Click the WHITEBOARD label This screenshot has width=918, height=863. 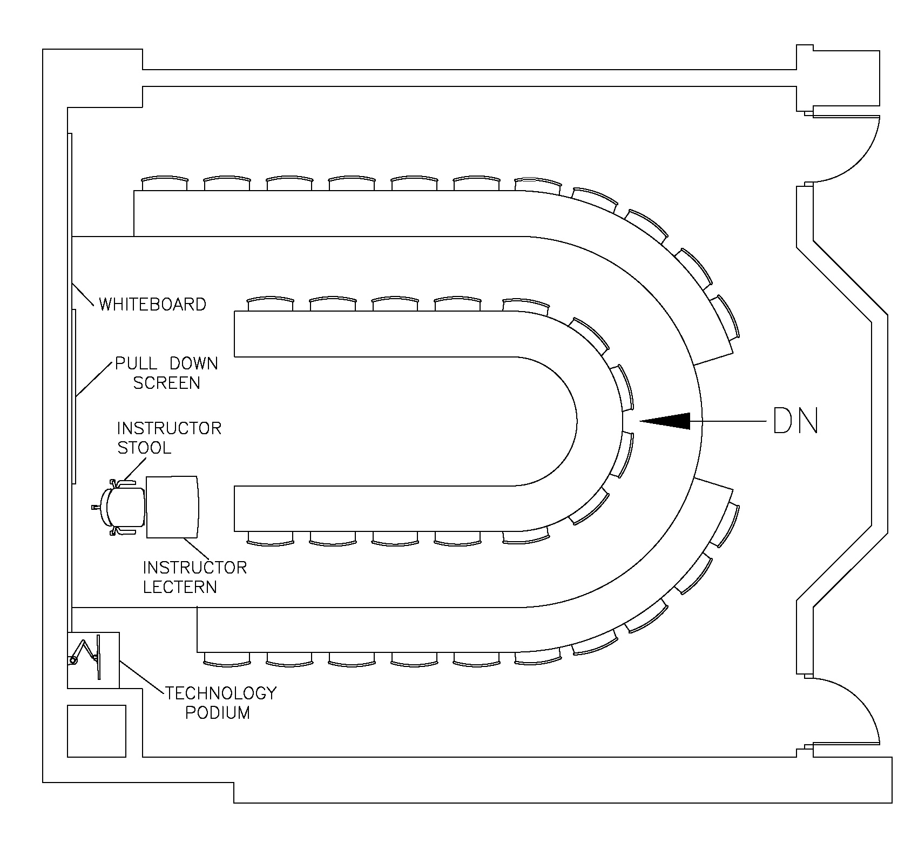point(152,305)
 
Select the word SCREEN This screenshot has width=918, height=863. point(167,383)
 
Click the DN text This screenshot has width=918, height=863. point(796,421)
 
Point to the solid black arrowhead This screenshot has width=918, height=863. point(670,421)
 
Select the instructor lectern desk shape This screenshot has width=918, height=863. point(173,507)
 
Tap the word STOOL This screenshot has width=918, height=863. point(144,448)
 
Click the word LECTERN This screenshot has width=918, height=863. point(180,587)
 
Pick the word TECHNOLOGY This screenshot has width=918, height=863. point(220,693)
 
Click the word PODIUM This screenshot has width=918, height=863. point(218,713)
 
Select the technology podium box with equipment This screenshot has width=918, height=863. point(93,659)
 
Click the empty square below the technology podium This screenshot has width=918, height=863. point(96,731)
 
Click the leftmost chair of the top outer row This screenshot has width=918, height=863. point(165,183)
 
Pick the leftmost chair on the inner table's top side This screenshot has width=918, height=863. point(270,304)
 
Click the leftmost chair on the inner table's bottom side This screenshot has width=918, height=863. point(270,537)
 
